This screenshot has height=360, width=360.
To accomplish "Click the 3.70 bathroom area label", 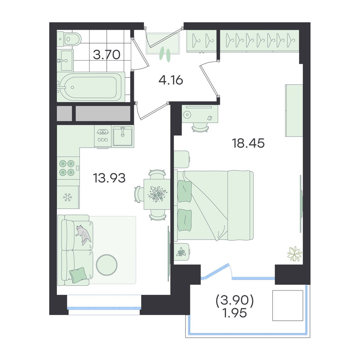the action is coord(107,55).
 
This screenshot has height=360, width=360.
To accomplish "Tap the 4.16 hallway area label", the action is coord(171,80).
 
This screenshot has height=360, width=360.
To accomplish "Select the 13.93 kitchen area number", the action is coord(109,178).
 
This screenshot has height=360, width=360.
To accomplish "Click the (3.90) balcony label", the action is coord(235,301).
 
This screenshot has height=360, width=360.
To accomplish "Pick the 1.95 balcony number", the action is coord(235,313).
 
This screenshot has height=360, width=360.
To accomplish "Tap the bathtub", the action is coord(91,87).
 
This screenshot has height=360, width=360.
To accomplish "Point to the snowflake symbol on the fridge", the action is coord(68,197).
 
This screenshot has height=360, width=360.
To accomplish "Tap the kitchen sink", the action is coord(123,136).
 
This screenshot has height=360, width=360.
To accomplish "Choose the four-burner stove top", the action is coord(67,168).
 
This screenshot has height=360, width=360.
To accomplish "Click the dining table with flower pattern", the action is coord(157,194).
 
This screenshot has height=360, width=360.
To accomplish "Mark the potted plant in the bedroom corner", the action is coord(294,253).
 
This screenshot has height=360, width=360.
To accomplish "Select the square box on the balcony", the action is coord(288,305).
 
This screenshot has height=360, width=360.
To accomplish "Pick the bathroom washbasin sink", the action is coord(67,60).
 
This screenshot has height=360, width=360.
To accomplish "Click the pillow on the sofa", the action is coord(78,275).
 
